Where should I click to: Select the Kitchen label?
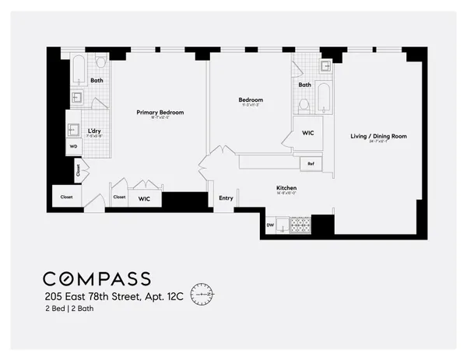point(287,188)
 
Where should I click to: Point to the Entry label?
point(226,198)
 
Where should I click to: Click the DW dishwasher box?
point(271,225)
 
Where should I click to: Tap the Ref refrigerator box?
point(311,163)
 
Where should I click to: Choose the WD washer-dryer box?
point(73,145)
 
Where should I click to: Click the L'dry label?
point(95,131)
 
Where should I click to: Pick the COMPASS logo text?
point(97,278)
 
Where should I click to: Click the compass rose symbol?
point(201,294)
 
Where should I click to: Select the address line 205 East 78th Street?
point(113,296)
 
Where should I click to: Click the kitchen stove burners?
point(300,225)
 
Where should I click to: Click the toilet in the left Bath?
point(100,61)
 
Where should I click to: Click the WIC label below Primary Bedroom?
point(144,198)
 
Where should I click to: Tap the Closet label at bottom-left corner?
point(66,197)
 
